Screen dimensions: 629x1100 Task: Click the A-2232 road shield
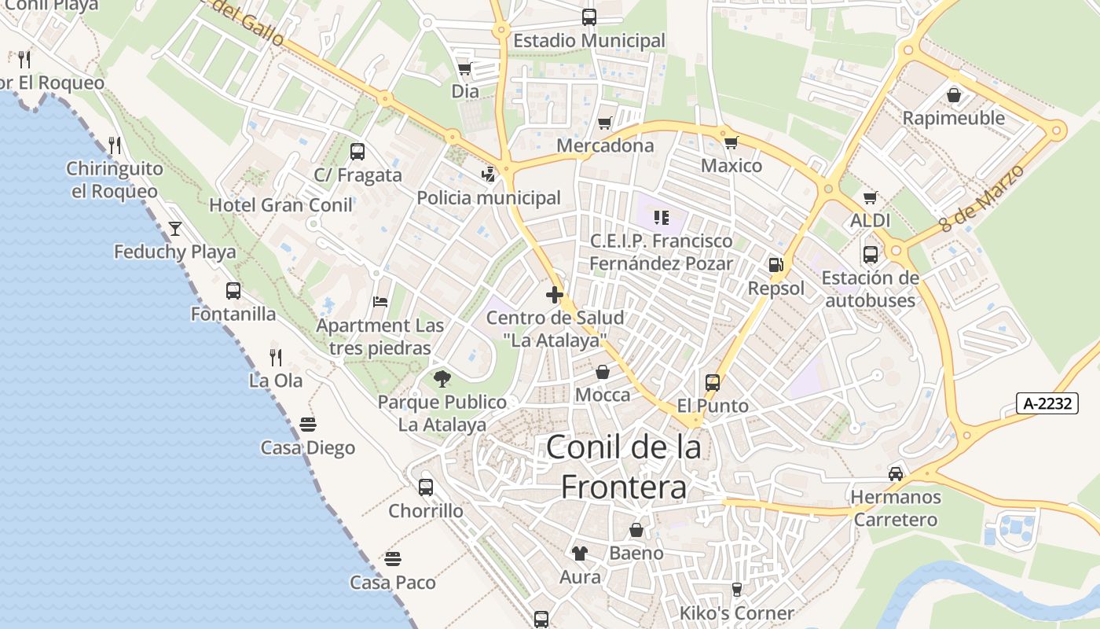(1047, 403)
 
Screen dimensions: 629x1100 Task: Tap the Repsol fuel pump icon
(776, 265)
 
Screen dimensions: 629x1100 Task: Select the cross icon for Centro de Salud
(555, 296)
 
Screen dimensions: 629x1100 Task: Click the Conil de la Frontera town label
(624, 467)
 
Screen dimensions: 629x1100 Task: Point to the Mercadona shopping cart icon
(604, 123)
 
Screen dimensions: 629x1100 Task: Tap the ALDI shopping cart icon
(870, 197)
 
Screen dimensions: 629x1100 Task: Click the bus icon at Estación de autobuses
(870, 254)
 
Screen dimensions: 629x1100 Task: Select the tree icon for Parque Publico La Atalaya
(442, 379)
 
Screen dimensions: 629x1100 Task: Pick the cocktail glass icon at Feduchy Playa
(174, 229)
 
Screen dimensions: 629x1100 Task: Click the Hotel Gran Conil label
(280, 205)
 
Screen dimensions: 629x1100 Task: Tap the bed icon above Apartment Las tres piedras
(380, 302)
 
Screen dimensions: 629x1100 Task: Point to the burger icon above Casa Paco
(393, 559)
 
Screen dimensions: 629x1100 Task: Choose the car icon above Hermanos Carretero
(895, 473)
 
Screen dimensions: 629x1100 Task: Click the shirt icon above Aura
(580, 554)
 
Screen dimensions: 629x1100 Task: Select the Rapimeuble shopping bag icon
(954, 95)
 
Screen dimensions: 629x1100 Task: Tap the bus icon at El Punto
(713, 383)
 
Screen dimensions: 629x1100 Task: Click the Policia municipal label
(489, 198)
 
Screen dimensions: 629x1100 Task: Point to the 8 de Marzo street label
(983, 197)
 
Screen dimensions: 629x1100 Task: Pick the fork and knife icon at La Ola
(276, 357)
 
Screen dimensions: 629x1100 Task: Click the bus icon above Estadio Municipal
(588, 17)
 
